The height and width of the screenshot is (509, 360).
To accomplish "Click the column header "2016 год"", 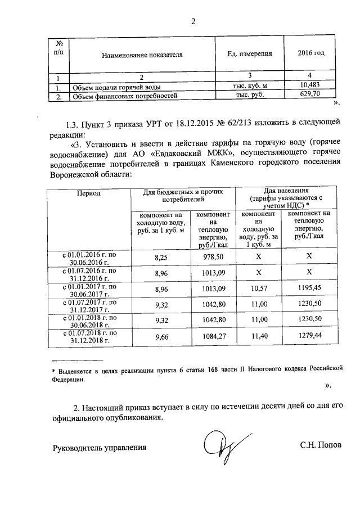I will point(310,53).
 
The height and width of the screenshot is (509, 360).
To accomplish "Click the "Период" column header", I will point(88,193).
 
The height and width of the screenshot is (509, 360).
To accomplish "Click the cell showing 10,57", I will point(259,289).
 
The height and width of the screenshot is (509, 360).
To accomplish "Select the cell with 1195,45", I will point(308,289).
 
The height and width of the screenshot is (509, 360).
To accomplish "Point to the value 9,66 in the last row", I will point(161,337).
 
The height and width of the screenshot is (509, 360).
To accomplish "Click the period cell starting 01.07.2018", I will point(88,337).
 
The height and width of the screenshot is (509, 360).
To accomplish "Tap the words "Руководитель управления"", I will point(100,448).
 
